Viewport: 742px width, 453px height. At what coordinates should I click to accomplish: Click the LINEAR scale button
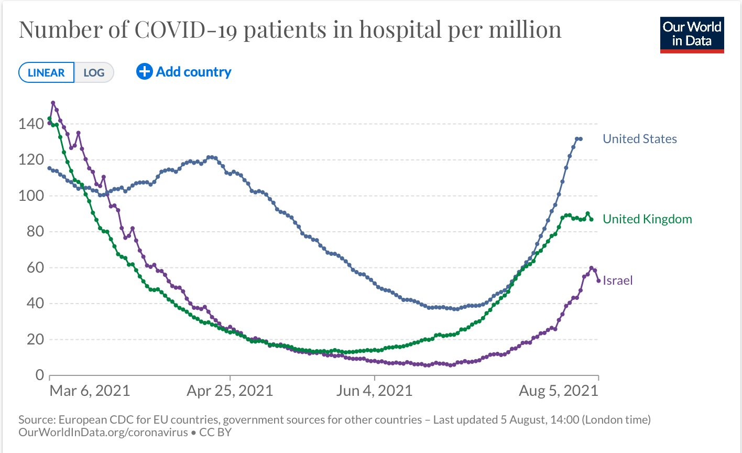[46, 73]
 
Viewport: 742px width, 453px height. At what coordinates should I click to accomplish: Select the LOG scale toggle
[94, 73]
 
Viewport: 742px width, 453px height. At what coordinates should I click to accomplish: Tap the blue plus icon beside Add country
[144, 71]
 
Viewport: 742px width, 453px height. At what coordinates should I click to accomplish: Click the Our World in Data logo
[692, 35]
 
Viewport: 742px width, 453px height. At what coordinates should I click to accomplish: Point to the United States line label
[639, 139]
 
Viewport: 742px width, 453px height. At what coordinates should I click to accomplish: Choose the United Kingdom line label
[647, 219]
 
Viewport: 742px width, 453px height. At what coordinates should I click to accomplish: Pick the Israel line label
[618, 281]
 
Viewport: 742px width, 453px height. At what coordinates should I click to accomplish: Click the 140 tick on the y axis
[31, 124]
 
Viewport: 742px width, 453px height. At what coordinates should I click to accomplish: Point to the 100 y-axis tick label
[31, 196]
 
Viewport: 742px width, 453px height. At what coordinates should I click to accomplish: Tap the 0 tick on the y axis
[39, 375]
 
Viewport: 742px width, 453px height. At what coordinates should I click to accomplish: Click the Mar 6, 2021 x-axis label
[90, 391]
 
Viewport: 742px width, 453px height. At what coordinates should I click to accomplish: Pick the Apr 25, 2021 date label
[230, 391]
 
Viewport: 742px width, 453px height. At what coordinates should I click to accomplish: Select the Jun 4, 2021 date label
[374, 391]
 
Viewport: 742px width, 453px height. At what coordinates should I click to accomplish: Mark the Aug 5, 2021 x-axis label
[559, 391]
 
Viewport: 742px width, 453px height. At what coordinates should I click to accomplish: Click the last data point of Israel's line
[598, 281]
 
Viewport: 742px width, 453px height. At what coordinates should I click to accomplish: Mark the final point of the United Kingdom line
[592, 219]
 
